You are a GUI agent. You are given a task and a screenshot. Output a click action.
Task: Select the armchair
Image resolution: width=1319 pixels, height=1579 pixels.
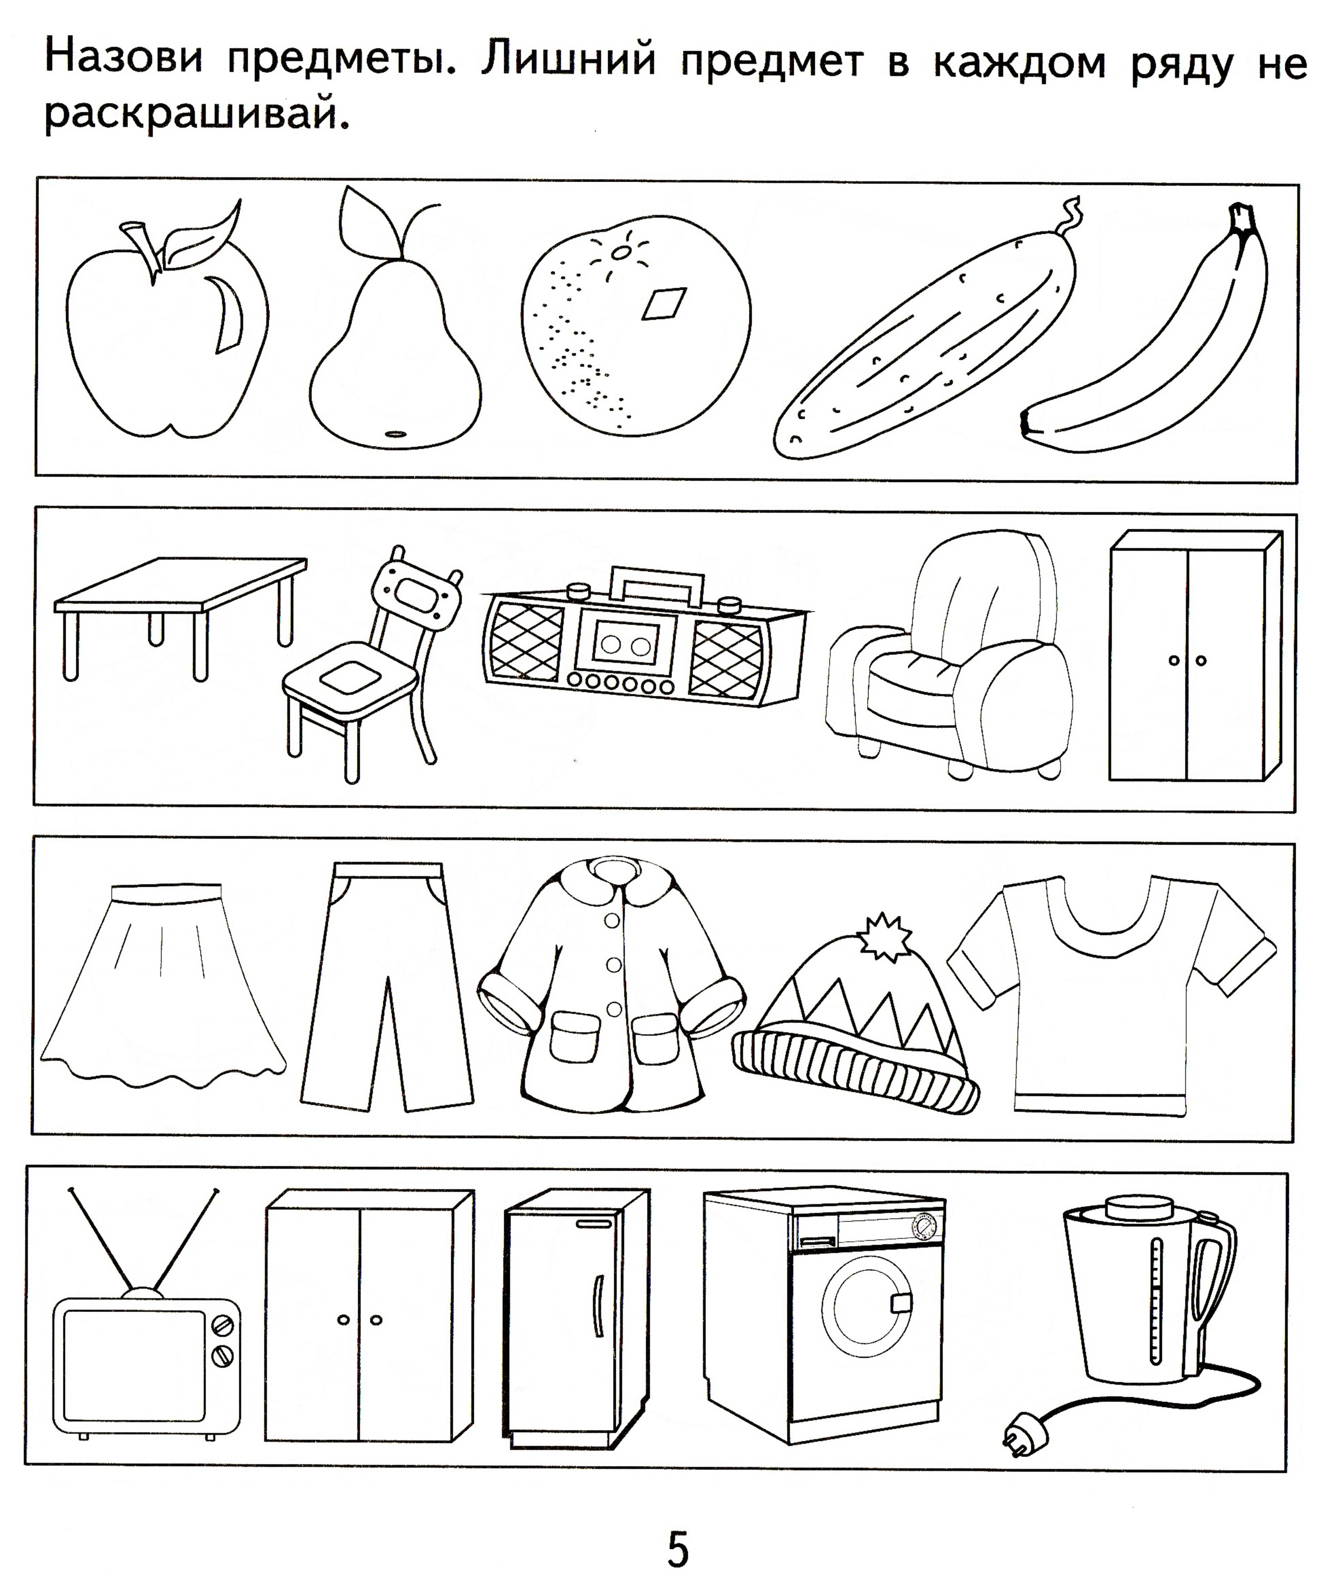(951, 654)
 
